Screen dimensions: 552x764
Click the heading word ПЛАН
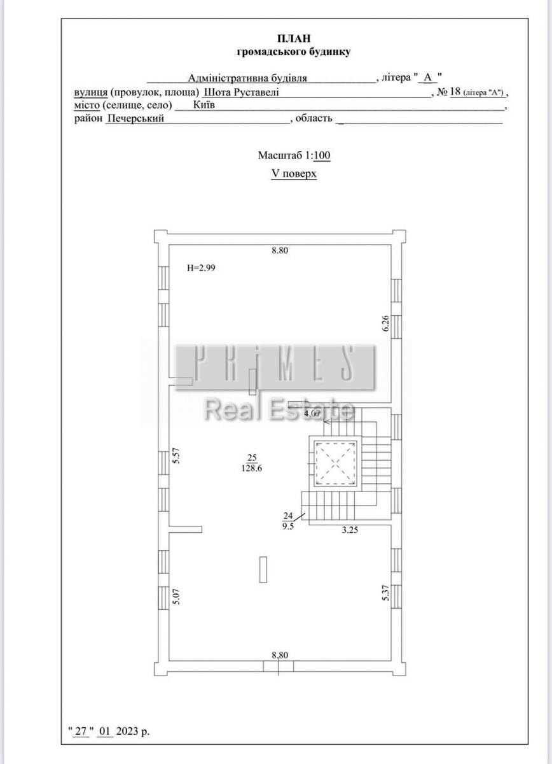[294, 39]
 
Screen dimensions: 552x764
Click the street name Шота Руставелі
[241, 92]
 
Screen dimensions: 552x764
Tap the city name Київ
[204, 104]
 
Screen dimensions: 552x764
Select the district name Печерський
[135, 118]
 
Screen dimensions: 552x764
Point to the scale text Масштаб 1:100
[294, 155]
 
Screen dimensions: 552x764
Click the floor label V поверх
[294, 174]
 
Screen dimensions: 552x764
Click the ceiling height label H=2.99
[201, 268]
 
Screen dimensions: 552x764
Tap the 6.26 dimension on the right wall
[385, 323]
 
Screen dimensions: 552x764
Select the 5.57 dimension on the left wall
[176, 455]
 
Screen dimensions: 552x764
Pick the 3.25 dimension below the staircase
[350, 530]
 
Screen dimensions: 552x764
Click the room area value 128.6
[252, 469]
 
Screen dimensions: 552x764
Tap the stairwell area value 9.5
[288, 527]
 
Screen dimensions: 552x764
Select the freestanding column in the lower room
[263, 570]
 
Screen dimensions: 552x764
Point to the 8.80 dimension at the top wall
[280, 250]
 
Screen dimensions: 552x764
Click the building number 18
[455, 92]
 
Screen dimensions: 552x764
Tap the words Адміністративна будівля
[248, 78]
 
